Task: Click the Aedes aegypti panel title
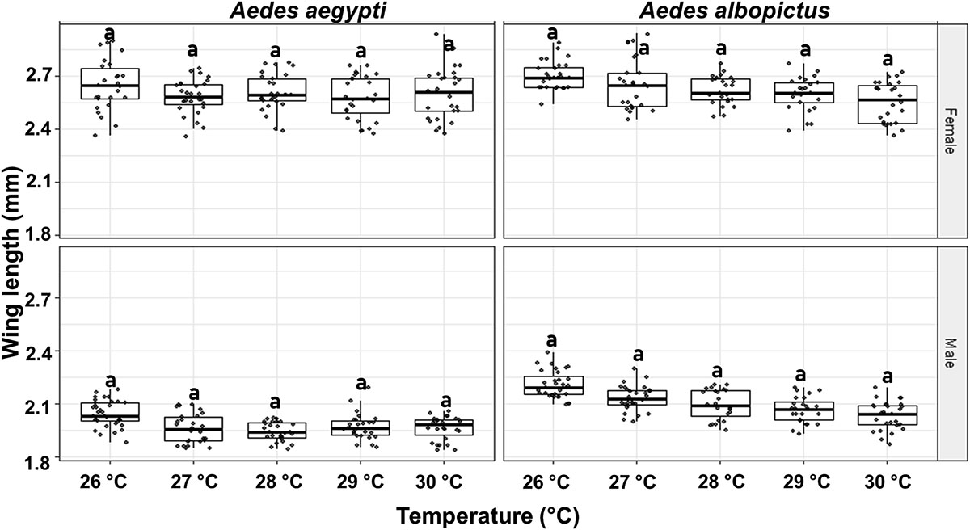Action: (x=275, y=11)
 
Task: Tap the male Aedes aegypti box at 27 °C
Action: (x=192, y=429)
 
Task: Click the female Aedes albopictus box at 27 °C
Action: (x=637, y=90)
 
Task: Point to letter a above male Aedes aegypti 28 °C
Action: (x=275, y=402)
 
